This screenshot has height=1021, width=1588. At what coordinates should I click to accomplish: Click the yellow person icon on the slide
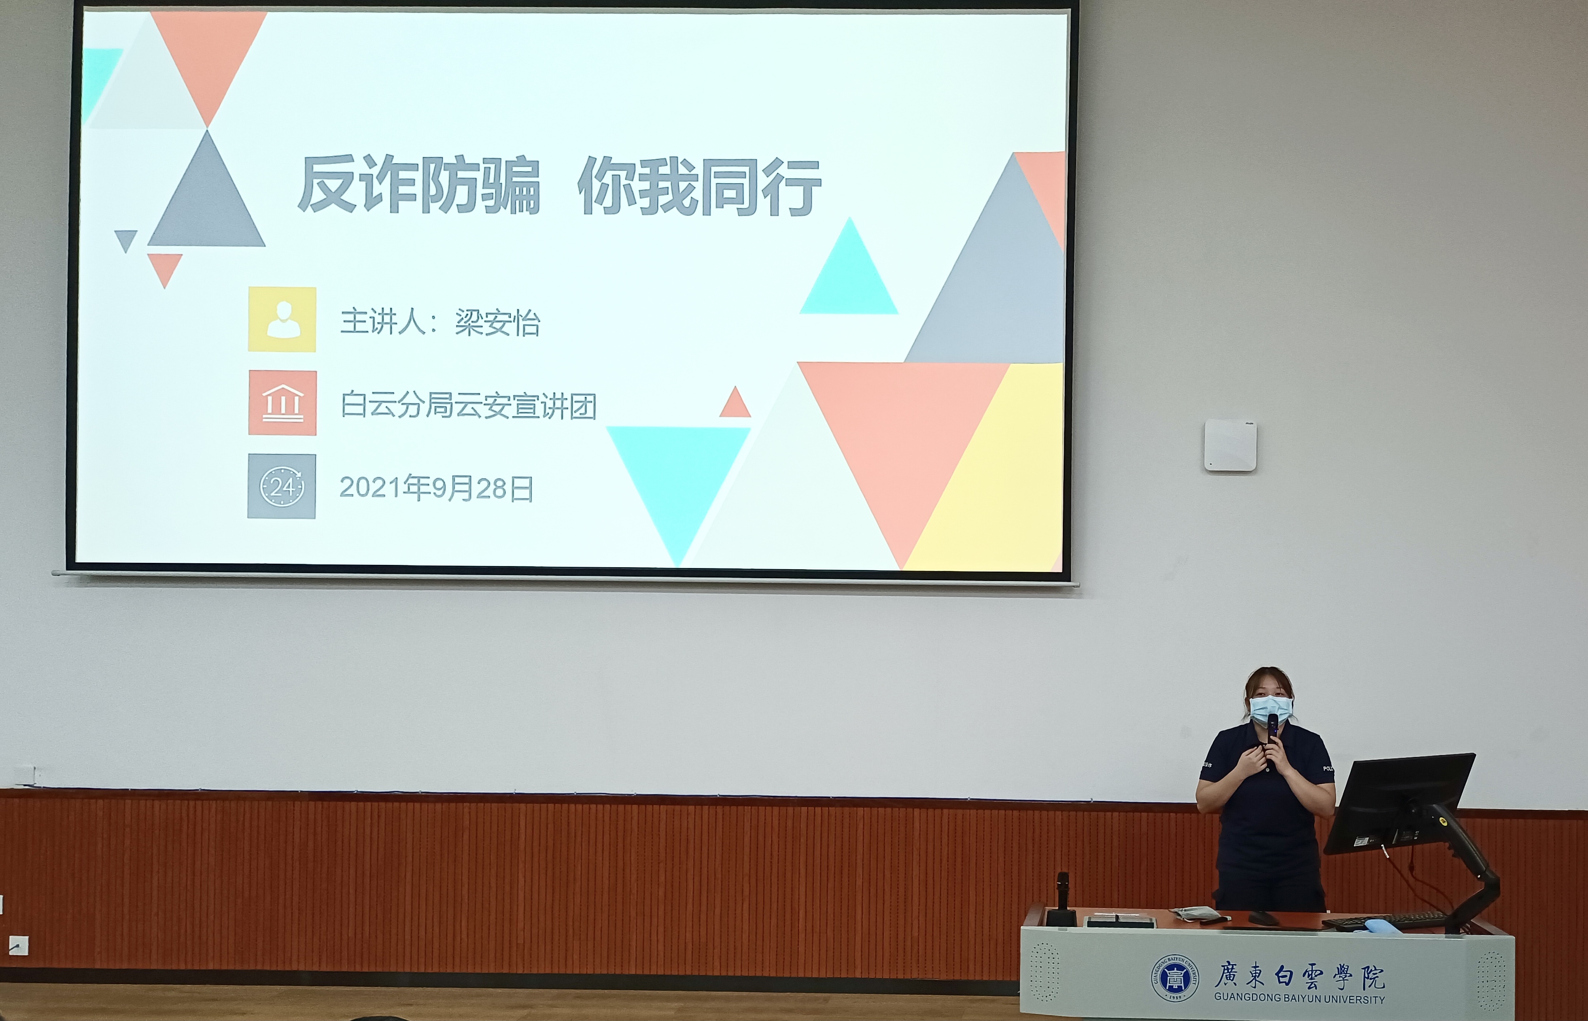pyautogui.click(x=282, y=319)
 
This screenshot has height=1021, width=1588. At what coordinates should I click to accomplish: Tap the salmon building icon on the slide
pyautogui.click(x=282, y=402)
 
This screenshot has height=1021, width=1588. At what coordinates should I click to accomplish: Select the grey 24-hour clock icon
pyautogui.click(x=282, y=486)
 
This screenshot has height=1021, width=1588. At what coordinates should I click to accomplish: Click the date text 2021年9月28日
pyautogui.click(x=436, y=489)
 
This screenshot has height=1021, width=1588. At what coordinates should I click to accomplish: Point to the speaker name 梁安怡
pyautogui.click(x=497, y=323)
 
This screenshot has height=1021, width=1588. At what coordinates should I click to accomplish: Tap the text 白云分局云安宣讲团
pyautogui.click(x=468, y=405)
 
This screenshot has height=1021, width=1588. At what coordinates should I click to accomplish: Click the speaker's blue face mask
pyautogui.click(x=1270, y=710)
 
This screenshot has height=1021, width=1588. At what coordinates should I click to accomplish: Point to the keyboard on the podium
pyautogui.click(x=1386, y=920)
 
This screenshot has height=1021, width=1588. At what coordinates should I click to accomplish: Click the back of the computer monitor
pyautogui.click(x=1399, y=802)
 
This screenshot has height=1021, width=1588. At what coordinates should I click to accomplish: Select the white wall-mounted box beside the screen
pyautogui.click(x=1230, y=445)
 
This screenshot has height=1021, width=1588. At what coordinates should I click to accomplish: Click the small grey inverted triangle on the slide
pyautogui.click(x=125, y=239)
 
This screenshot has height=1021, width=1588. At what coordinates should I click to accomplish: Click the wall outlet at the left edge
pyautogui.click(x=19, y=945)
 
